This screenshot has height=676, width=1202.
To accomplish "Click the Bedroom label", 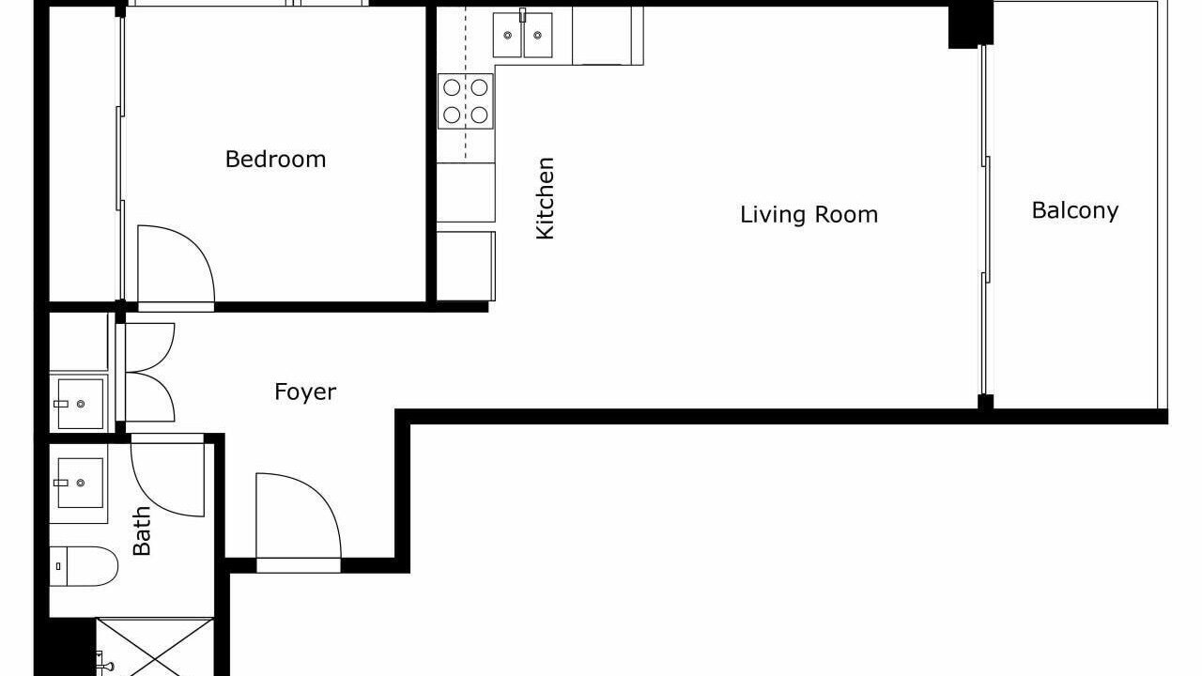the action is pos(275,160).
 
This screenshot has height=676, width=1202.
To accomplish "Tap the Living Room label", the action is pos(809,215).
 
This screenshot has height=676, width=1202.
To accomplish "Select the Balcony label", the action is pos(1075,210).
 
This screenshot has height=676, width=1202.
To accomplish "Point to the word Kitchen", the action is pos(546,198).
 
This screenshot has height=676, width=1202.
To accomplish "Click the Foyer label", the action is pos(305,392).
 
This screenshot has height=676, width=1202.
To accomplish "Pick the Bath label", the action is pos(142,530).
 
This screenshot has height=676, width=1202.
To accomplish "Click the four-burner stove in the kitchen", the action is pos(465,101).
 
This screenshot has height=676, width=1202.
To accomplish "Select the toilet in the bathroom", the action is pos(84,566).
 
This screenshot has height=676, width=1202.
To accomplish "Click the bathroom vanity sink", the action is pos(80,483).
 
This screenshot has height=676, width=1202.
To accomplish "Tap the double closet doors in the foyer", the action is pos(149,372).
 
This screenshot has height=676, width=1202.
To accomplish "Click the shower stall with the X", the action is pos(155,648).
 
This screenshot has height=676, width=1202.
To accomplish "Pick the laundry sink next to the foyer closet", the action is pos(80,404).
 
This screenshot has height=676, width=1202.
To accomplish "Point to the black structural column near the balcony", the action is pos(971,24).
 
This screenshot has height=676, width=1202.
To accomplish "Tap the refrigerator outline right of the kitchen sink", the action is pos(608,36).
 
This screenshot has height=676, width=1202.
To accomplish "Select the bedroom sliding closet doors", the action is pos(121,159).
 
